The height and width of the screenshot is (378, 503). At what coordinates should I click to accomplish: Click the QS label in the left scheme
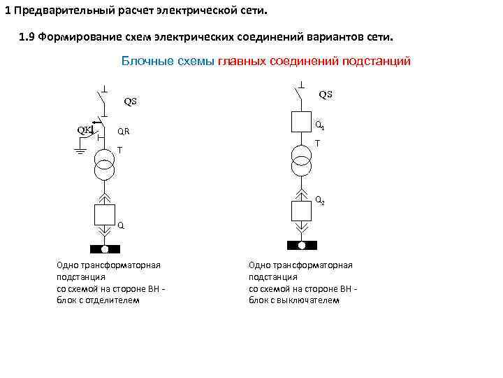coord(131,101)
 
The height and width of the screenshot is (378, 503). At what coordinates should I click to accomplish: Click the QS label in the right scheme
coord(326,94)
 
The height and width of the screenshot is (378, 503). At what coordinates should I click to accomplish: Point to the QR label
coord(123,131)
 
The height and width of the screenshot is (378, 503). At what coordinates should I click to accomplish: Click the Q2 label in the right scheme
coord(319,200)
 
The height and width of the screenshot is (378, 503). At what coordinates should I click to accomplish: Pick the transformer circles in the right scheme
coord(302,159)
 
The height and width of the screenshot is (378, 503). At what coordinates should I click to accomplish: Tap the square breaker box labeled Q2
coord(302,209)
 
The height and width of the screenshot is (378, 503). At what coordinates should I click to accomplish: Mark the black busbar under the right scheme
coord(302,245)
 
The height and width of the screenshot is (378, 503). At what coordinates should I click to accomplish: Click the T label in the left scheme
coord(119,150)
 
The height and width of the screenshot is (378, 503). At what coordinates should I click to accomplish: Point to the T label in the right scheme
coord(317,143)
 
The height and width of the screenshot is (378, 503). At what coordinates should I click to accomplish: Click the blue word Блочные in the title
coord(144,62)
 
